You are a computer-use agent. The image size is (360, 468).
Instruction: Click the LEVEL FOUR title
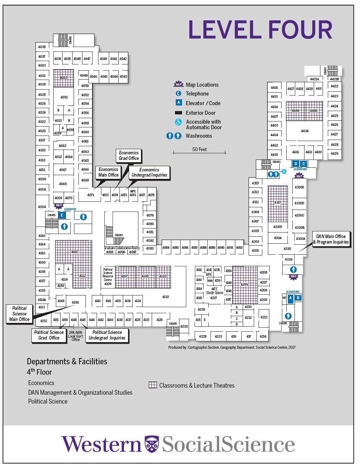(x=260, y=30)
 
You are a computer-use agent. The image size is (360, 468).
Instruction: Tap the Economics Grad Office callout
(x=128, y=156)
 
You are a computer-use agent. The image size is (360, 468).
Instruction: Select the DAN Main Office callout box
(x=331, y=239)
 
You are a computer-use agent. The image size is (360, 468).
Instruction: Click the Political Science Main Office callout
(x=19, y=314)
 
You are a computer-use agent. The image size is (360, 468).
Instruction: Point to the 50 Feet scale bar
(x=199, y=152)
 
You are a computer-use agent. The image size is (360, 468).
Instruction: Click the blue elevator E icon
(x=62, y=215)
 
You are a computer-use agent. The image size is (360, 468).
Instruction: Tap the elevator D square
(x=296, y=164)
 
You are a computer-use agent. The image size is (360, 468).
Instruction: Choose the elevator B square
(x=298, y=298)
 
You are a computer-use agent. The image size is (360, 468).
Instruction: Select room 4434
(x=305, y=131)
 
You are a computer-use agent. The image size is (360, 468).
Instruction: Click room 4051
(x=64, y=97)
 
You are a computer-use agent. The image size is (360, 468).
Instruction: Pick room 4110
(x=165, y=297)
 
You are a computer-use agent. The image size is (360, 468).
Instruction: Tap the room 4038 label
(x=42, y=47)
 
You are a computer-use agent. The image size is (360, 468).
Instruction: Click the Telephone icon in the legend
(x=178, y=94)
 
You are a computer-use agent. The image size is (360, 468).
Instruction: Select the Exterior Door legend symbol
(x=178, y=113)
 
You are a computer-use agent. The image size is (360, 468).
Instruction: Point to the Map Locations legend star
(x=179, y=84)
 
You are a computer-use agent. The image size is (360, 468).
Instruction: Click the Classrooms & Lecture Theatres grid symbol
(x=152, y=385)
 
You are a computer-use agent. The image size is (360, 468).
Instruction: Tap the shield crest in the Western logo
(x=151, y=444)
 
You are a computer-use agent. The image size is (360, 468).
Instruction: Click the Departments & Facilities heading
(x=67, y=361)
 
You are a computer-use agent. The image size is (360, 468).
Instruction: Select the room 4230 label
(x=184, y=327)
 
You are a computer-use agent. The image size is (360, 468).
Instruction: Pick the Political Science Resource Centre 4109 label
(x=108, y=277)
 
